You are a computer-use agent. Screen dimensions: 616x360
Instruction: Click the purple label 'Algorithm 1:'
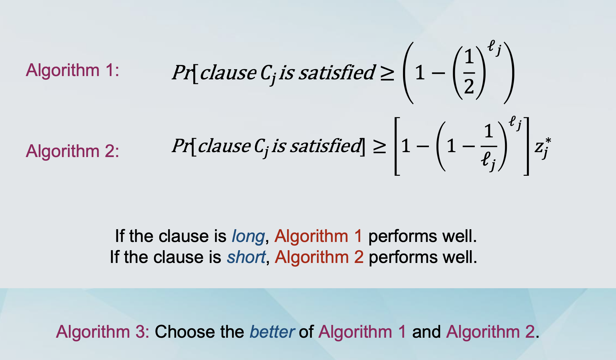pyautogui.click(x=72, y=70)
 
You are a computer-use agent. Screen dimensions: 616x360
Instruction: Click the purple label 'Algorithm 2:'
pyautogui.click(x=72, y=151)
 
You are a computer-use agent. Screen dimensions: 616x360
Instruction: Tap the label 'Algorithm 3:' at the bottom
pyautogui.click(x=103, y=332)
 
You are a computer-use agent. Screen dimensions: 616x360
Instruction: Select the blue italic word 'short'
pyautogui.click(x=246, y=257)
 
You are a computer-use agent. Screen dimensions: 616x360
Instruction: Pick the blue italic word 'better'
pyautogui.click(x=272, y=332)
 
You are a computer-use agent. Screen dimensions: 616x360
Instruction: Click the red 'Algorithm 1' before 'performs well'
pyautogui.click(x=318, y=236)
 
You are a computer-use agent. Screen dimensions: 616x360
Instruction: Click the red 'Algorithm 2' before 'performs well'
pyautogui.click(x=319, y=257)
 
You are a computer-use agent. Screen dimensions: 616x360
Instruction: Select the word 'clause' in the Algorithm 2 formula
pyautogui.click(x=224, y=146)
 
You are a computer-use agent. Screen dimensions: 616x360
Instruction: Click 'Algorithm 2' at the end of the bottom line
pyautogui.click(x=490, y=332)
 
